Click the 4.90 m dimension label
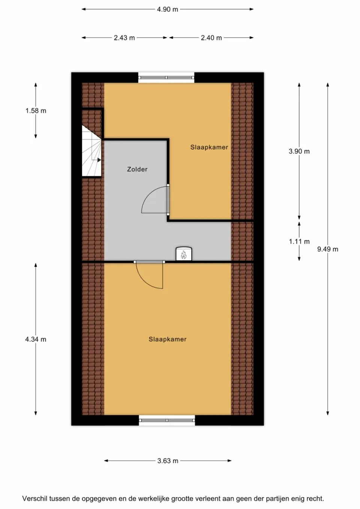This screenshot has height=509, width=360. tap(167, 9)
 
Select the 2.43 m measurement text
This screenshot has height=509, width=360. tap(124, 38)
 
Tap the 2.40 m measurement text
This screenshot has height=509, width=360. tap(211, 38)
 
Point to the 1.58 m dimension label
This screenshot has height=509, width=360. tap(36, 111)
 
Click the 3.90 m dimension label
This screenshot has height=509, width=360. tap(299, 151)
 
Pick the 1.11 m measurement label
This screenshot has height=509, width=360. tap(299, 241)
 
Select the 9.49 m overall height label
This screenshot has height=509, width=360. tap(327, 249)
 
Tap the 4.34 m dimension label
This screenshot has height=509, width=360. tap(36, 339)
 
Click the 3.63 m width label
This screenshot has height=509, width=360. tap(168, 461)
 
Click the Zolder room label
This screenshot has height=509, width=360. tap(137, 169)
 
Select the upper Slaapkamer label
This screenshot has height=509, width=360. tap(209, 147)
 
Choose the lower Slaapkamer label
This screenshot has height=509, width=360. tap(167, 339)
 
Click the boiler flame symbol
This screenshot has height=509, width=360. tap(184, 255)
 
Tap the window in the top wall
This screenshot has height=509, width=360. tap(166, 78)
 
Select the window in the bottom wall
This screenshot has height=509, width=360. tap(167, 420)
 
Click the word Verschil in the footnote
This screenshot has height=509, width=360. tap(34, 499)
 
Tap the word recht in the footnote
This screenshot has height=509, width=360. tap(314, 499)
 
